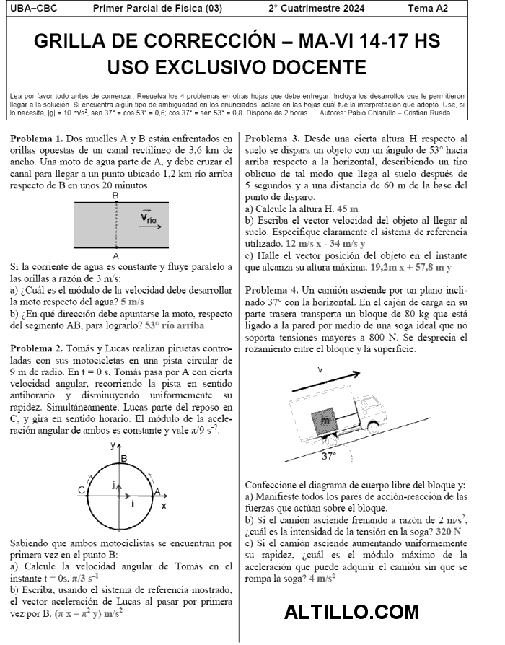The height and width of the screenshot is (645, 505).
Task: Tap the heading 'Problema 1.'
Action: coord(37,139)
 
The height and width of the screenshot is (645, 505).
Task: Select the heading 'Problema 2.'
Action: coord(37,348)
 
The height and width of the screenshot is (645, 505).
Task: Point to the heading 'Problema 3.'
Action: coord(272,139)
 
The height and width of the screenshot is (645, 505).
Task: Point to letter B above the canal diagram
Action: coord(115,196)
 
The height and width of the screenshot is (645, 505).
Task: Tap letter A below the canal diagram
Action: coord(115,255)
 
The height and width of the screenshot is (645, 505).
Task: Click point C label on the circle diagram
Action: coord(82,490)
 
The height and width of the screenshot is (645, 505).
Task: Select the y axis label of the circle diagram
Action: coord(113,446)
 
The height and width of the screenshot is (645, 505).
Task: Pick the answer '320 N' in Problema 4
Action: coord(450,531)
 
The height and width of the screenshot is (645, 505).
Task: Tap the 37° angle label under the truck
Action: coord(329,456)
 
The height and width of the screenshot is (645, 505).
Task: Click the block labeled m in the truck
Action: coord(325,419)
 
